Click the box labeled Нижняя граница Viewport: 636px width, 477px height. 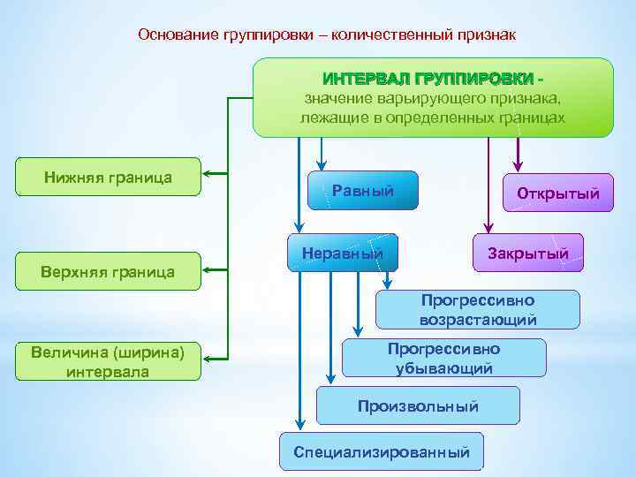tap(108, 178)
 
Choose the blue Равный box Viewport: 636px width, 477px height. tap(362, 192)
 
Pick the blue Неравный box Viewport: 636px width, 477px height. tap(343, 254)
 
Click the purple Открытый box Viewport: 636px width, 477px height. tap(557, 193)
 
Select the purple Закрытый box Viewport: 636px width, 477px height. tap(528, 254)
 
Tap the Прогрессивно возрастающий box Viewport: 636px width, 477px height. tap(478, 310)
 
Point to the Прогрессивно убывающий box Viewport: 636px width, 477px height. tap(443, 358)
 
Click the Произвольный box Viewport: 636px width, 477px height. tap(418, 406)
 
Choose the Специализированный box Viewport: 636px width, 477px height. tap(382, 452)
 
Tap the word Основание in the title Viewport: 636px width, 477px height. tap(175, 34)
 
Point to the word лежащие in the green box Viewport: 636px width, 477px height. tap(327, 117)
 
